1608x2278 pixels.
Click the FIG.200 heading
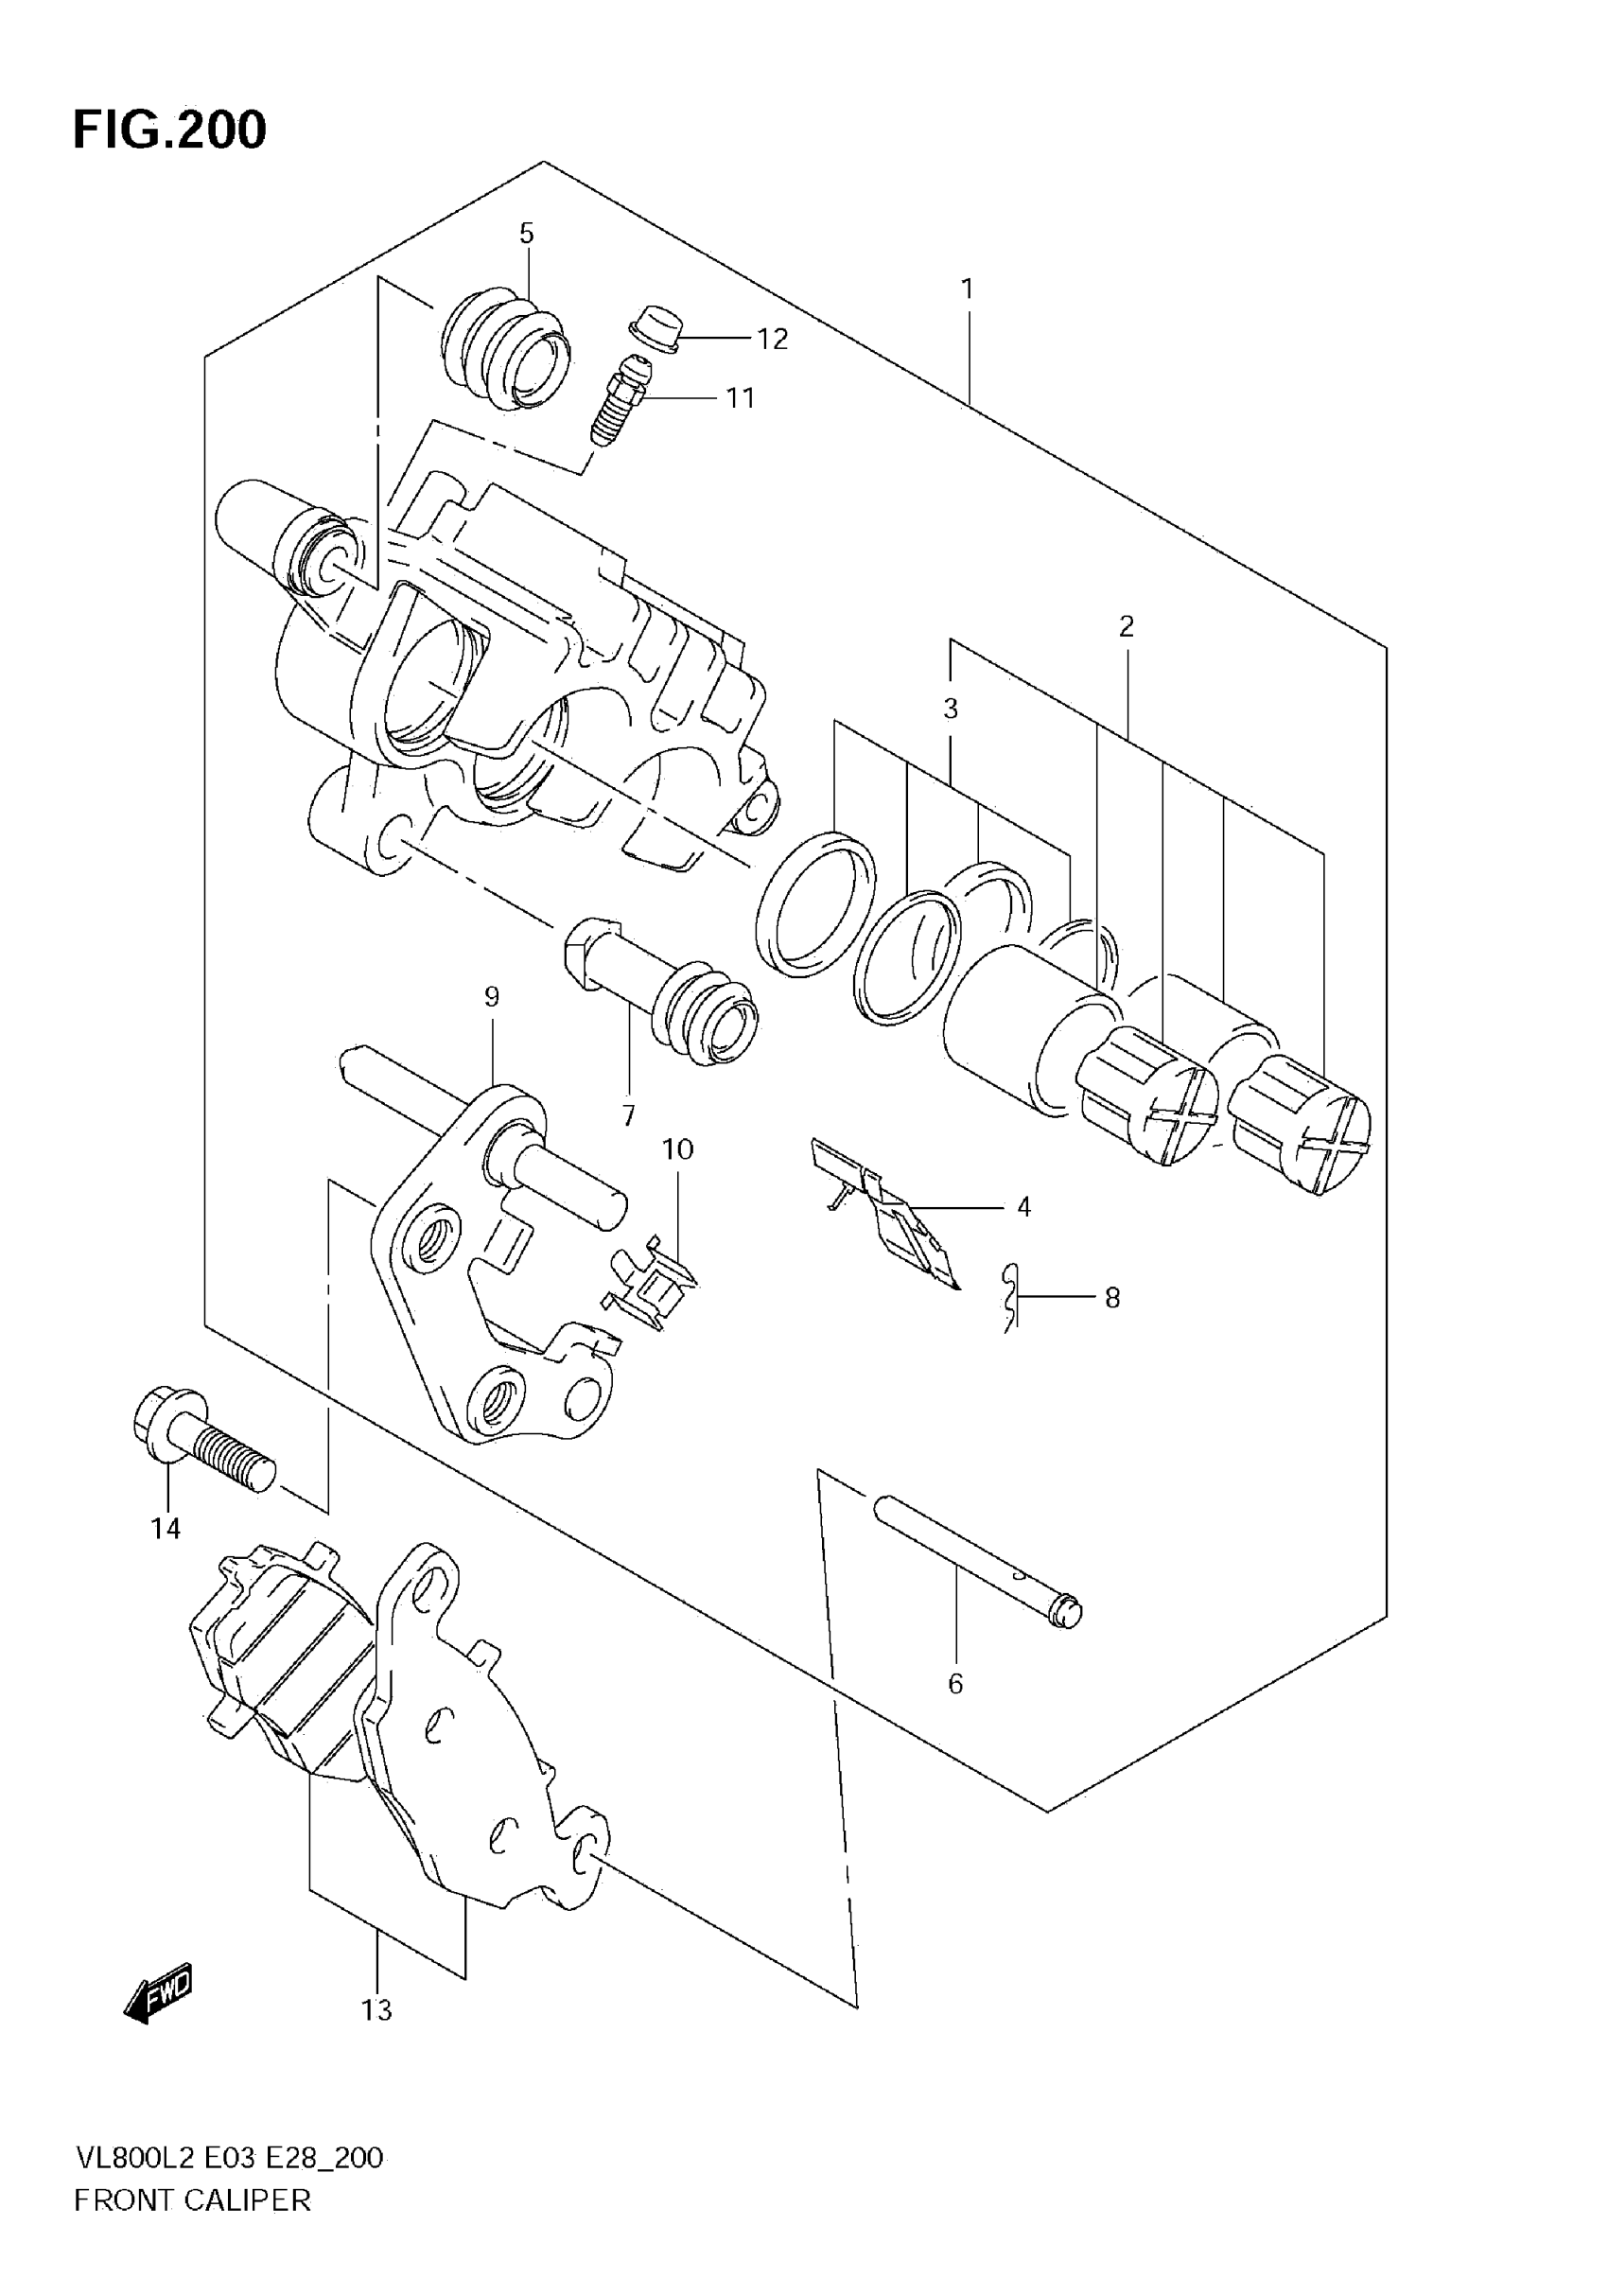[x=169, y=130]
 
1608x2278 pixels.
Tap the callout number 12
[x=773, y=340]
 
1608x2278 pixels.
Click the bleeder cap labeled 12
[x=656, y=328]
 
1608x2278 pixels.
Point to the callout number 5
[x=527, y=235]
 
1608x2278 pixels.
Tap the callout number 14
[x=166, y=1529]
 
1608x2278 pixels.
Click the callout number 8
[x=1113, y=1298]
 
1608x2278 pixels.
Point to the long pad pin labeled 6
[x=978, y=1568]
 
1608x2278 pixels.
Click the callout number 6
[x=955, y=1684]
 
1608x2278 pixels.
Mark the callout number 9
[x=492, y=997]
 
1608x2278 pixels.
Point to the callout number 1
[x=968, y=289]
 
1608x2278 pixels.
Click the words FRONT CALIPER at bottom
[x=192, y=2200]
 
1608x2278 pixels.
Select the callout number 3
[x=951, y=710]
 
